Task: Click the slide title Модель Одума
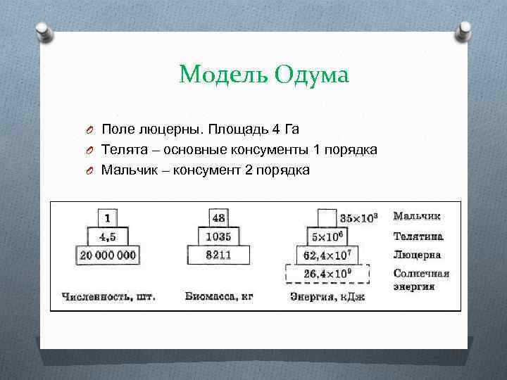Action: (264, 74)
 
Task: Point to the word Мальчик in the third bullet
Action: (127, 170)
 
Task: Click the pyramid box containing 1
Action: (107, 217)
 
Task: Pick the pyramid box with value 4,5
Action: (107, 236)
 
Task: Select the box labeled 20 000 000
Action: (107, 255)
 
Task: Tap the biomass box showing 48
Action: (218, 217)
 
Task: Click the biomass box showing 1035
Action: (218, 236)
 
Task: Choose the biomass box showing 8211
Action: (218, 255)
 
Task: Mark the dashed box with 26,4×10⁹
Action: (327, 273)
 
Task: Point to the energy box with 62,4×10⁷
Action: (327, 255)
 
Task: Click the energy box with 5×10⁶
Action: (327, 236)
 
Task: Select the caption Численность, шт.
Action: (108, 296)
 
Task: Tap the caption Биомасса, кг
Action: (219, 296)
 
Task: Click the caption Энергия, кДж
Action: (327, 296)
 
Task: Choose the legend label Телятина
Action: (418, 236)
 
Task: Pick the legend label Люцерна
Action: (417, 255)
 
